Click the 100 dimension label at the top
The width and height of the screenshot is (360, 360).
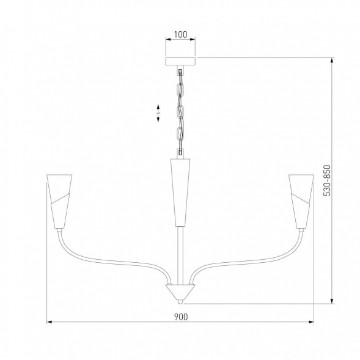click(x=180, y=34)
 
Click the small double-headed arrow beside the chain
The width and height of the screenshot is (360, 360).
click(x=158, y=113)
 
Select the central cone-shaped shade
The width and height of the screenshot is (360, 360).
click(x=180, y=189)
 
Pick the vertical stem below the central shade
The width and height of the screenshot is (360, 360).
click(x=180, y=254)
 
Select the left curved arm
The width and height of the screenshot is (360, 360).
click(x=110, y=260)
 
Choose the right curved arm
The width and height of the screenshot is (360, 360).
click(x=251, y=260)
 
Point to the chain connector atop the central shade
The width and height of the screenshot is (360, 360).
click(x=180, y=152)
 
